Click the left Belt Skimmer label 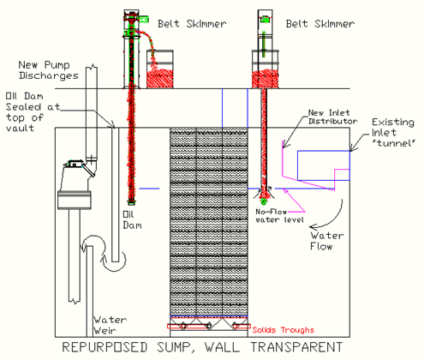[x=192, y=23]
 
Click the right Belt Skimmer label [x=320, y=23]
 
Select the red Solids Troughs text [x=283, y=330]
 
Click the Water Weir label [x=110, y=325]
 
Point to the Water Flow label [x=327, y=241]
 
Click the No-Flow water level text [x=279, y=216]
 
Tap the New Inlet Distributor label [x=333, y=117]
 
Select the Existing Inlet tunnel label [x=393, y=133]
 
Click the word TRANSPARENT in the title [x=296, y=347]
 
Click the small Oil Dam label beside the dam [x=132, y=220]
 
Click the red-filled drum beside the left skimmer [x=160, y=69]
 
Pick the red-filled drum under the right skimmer [x=265, y=69]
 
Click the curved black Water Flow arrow [x=332, y=219]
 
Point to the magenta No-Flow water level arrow [x=294, y=201]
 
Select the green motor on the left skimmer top [x=144, y=19]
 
